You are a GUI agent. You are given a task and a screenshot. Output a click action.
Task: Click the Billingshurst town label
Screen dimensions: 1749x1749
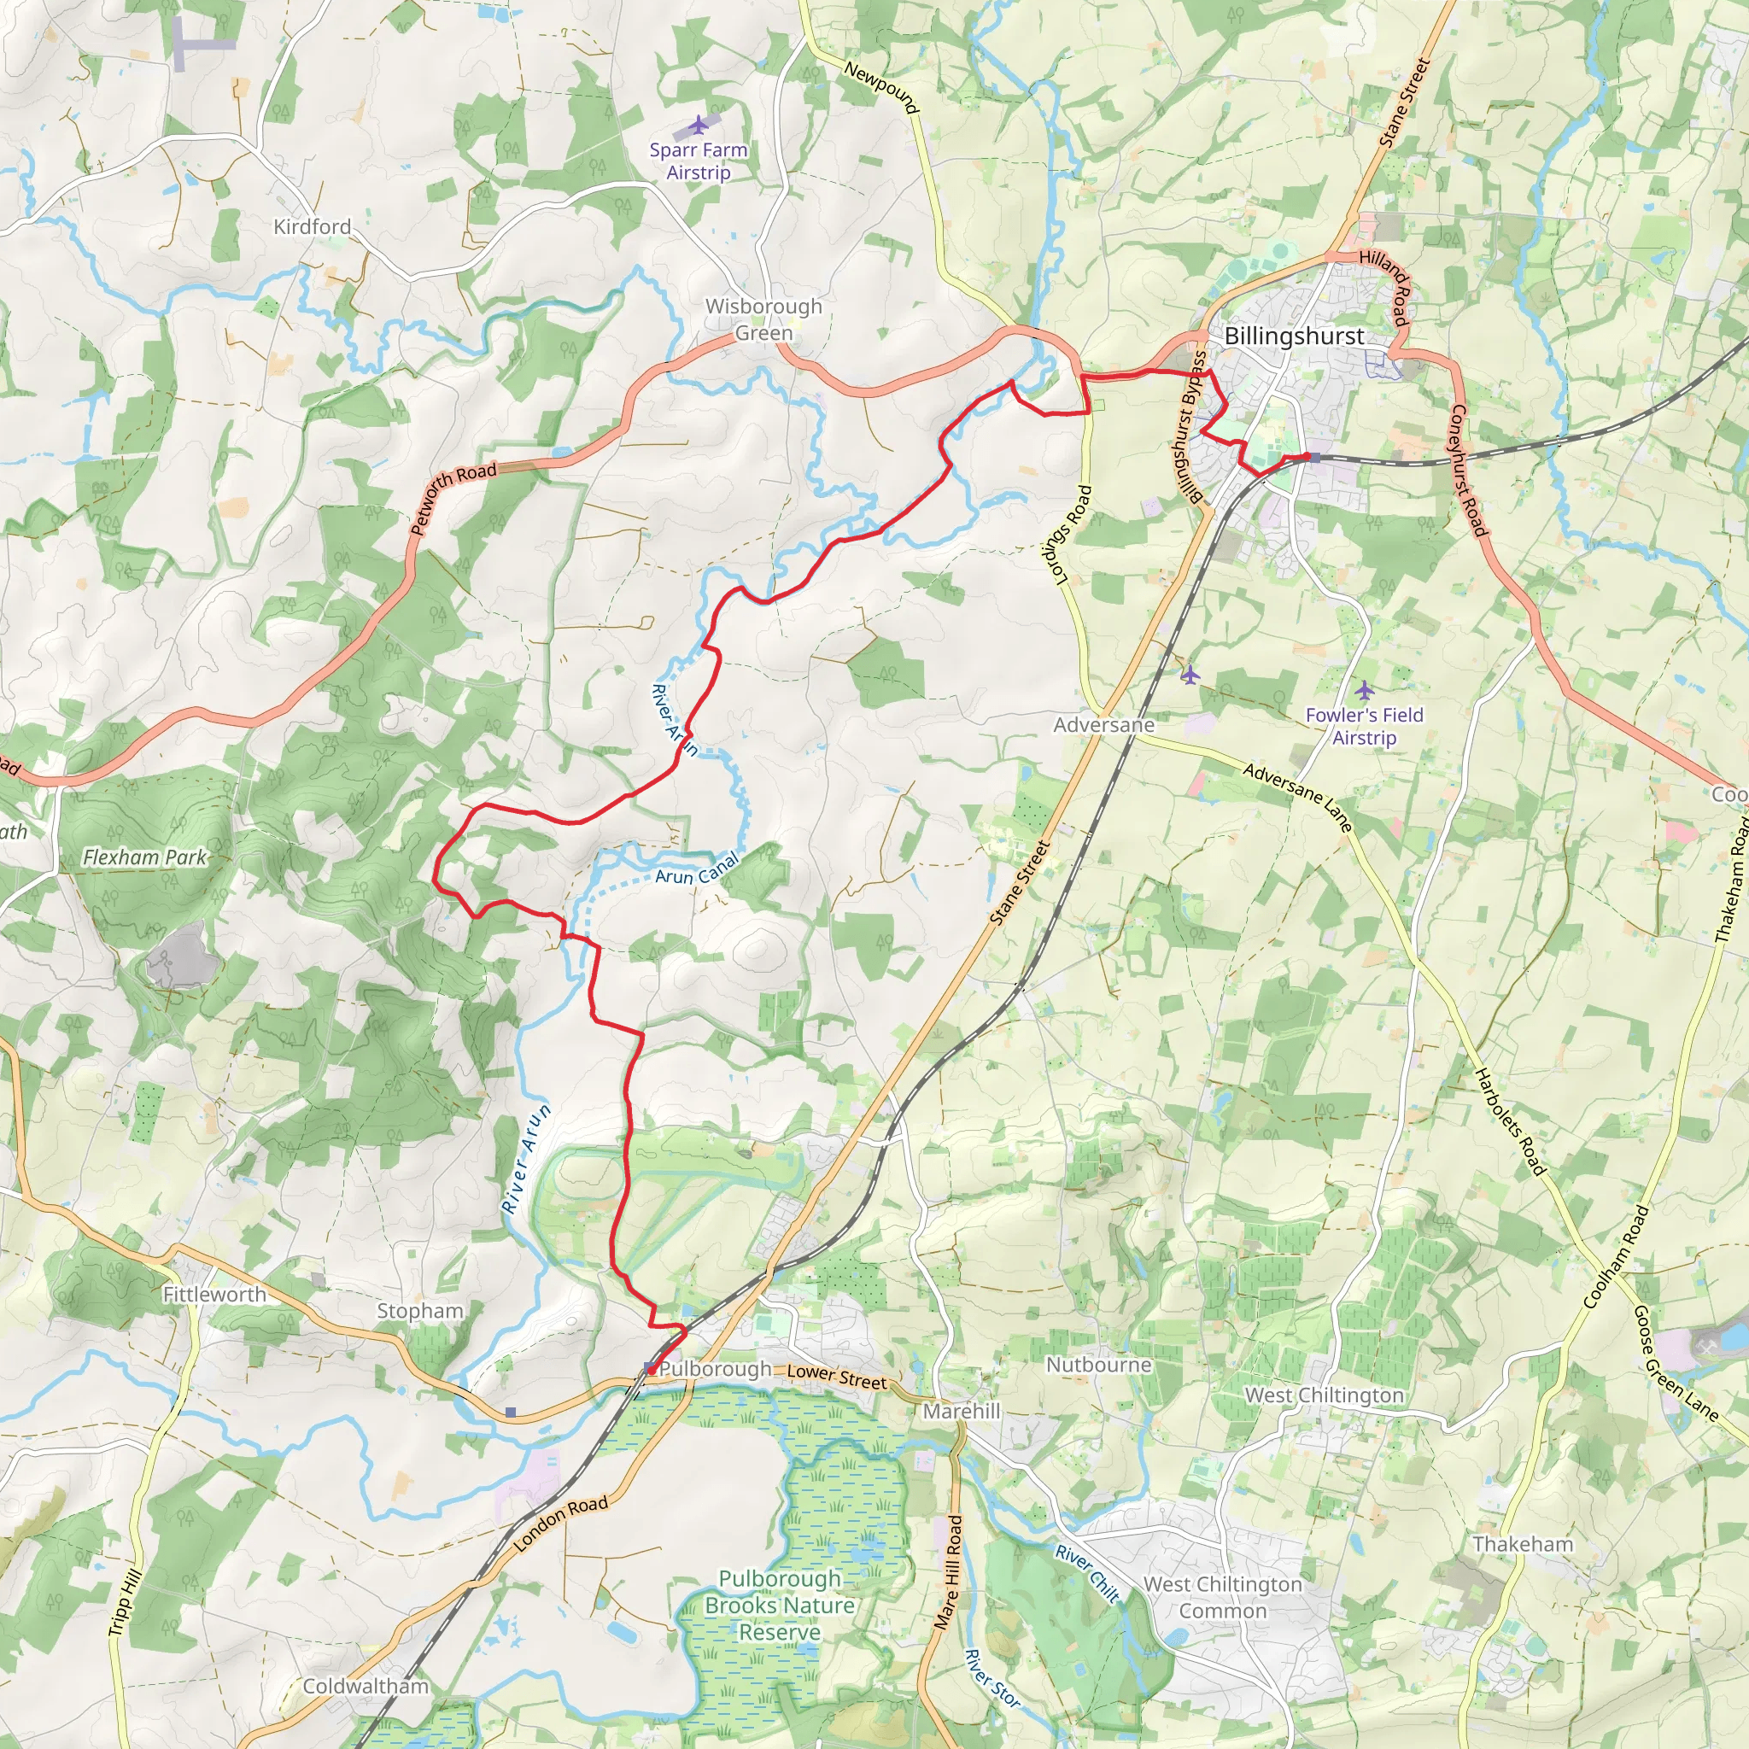click(1294, 336)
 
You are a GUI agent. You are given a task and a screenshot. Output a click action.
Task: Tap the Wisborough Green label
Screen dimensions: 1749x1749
click(763, 319)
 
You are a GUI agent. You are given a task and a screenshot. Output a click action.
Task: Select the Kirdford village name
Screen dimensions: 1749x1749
click(313, 226)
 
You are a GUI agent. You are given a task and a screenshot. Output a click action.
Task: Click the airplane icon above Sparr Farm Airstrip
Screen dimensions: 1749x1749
click(698, 124)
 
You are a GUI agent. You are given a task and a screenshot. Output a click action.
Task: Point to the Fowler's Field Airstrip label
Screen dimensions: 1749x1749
click(1364, 726)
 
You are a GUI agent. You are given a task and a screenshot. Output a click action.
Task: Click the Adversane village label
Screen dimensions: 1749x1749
click(1103, 725)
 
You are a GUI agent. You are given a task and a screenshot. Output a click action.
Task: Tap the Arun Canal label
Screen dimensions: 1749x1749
click(697, 871)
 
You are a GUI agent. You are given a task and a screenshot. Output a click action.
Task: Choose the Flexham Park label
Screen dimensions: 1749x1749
click(145, 857)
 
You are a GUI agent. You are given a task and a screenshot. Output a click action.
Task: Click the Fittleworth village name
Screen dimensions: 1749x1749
click(214, 1295)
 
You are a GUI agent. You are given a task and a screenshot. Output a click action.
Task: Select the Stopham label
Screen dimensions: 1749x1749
click(420, 1311)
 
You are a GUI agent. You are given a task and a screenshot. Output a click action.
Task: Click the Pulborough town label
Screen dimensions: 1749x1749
click(715, 1369)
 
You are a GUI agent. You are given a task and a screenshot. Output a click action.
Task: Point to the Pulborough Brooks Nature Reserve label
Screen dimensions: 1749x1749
click(780, 1605)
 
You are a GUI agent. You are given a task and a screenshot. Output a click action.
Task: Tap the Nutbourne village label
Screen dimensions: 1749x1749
click(1099, 1364)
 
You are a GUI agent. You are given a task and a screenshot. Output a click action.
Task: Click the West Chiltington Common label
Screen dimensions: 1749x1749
click(1222, 1598)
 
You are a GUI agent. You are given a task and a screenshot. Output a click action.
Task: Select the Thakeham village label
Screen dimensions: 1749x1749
click(1523, 1543)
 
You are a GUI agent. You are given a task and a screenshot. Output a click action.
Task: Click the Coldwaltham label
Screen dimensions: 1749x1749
click(366, 1686)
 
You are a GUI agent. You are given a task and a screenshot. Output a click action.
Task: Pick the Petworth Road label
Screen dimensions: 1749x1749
click(453, 497)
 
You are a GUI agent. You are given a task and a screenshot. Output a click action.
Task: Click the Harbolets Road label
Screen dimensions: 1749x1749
click(1510, 1122)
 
